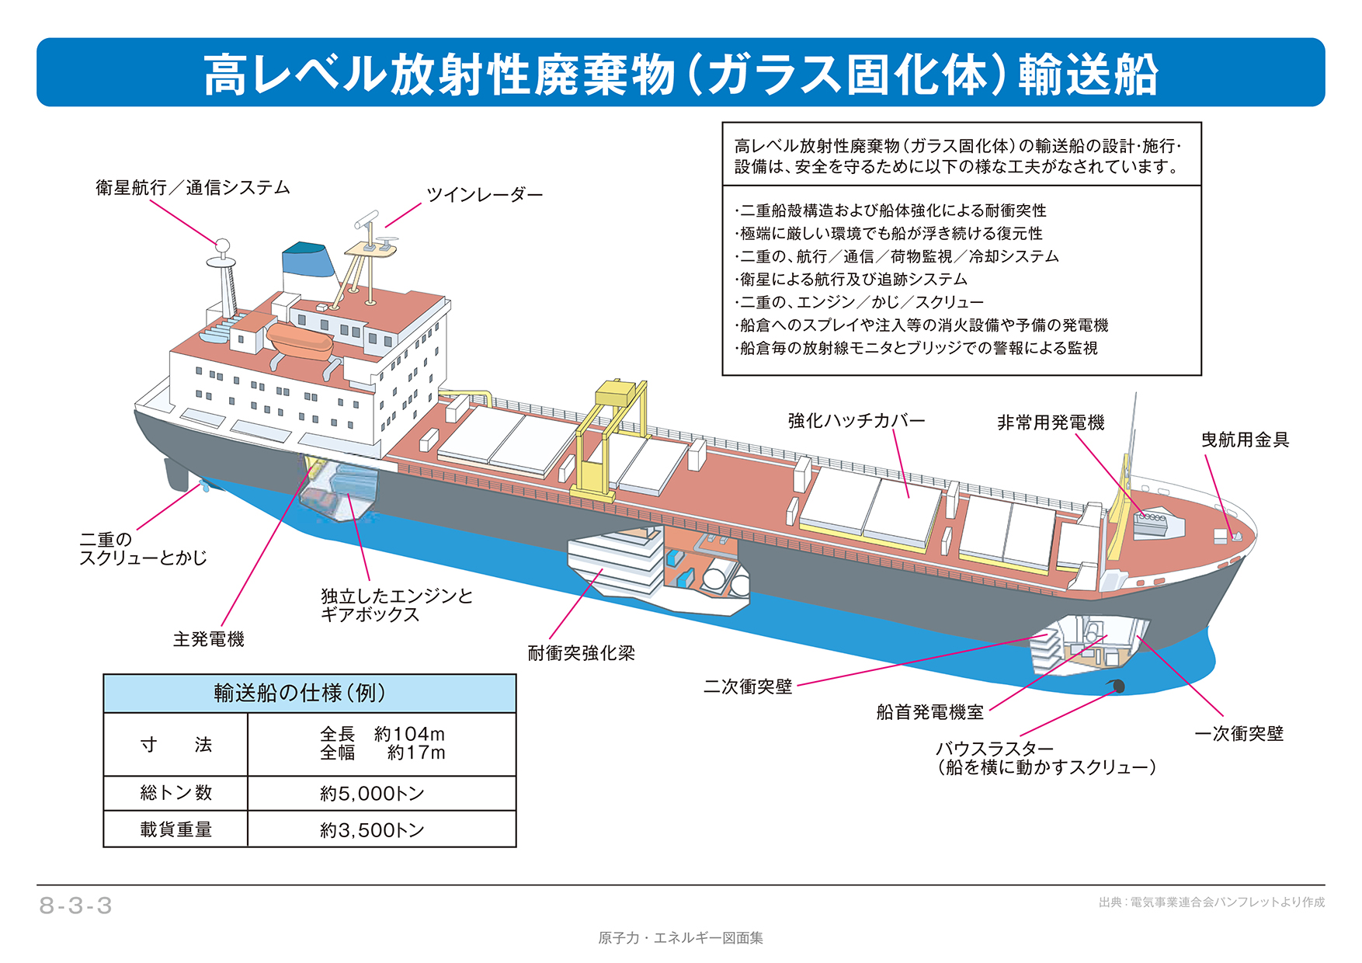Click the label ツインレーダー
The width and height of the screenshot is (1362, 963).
pos(484,195)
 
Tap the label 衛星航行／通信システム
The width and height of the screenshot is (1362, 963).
pos(193,188)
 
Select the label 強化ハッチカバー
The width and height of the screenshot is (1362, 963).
pos(856,421)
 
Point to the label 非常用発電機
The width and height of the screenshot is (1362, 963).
pos(1050,422)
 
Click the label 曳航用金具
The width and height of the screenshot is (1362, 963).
pos(1244,440)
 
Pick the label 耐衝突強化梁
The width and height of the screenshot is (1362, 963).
pos(581,653)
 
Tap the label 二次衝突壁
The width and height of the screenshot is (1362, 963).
pos(747,687)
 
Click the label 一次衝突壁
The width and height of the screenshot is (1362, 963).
pos(1239,734)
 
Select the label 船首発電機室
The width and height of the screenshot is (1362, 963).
pos(929,712)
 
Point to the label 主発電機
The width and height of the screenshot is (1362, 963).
pos(208,639)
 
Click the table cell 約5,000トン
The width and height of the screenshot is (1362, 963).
pos(372,794)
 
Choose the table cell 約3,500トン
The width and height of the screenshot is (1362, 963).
pos(372,830)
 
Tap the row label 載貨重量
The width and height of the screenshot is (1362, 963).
pos(175,829)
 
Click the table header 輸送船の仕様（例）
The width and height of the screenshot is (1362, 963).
pos(309,693)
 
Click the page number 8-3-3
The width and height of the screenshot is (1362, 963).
pos(76,906)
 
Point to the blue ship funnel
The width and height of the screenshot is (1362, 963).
pos(307,261)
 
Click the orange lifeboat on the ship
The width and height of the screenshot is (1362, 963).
pos(298,340)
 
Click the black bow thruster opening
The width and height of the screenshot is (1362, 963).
pos(1117,686)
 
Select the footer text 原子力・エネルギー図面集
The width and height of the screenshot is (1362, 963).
pos(680,938)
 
